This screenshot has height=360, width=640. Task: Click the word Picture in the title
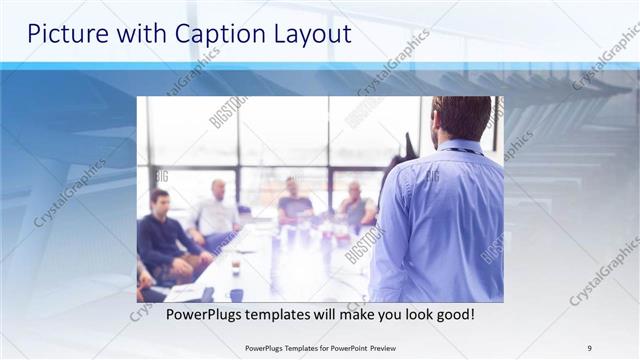(66, 34)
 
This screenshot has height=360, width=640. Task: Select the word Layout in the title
(309, 34)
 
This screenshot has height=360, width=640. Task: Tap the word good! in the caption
(454, 315)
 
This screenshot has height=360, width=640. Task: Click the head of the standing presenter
(461, 118)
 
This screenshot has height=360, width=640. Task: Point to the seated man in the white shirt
(216, 210)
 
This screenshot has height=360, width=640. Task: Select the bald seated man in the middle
(294, 200)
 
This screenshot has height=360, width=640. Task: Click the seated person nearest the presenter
(356, 206)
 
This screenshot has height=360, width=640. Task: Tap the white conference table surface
(290, 265)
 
